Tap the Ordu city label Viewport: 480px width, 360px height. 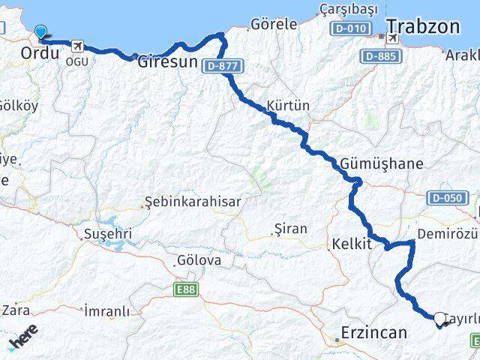pos(40,53)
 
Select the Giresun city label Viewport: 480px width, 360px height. pos(166,64)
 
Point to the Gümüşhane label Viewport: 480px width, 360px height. pos(382,163)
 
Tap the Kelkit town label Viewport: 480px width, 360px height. pos(351,244)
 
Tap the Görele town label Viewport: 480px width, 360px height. pos(274,24)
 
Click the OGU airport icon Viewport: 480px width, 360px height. pos(76,46)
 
